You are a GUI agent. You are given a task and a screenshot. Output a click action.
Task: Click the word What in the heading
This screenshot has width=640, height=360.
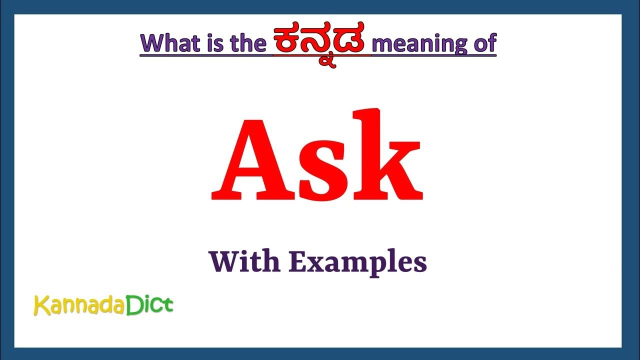pos(170,43)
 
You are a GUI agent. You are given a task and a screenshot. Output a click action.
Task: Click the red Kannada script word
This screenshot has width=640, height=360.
pos(321,42)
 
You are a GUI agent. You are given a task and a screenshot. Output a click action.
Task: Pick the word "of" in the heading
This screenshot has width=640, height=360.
pos(483,43)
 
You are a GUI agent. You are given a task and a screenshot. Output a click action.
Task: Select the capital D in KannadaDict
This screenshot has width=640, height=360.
pos(132,304)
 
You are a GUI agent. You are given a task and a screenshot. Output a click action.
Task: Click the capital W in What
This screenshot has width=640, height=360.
pos(153,43)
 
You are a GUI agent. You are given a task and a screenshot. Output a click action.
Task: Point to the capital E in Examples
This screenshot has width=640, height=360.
pos(297,261)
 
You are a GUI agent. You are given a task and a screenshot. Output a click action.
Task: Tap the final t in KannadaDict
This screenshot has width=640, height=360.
pos(167,305)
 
